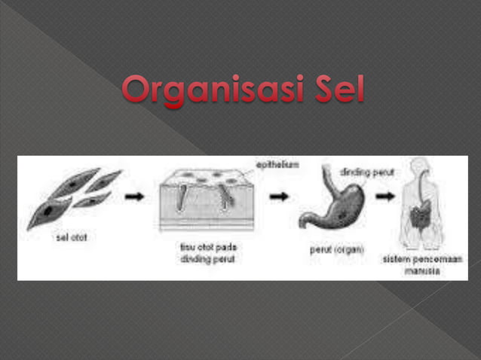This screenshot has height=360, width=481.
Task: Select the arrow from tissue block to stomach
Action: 279,197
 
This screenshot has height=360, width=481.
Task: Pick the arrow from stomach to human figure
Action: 385,197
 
